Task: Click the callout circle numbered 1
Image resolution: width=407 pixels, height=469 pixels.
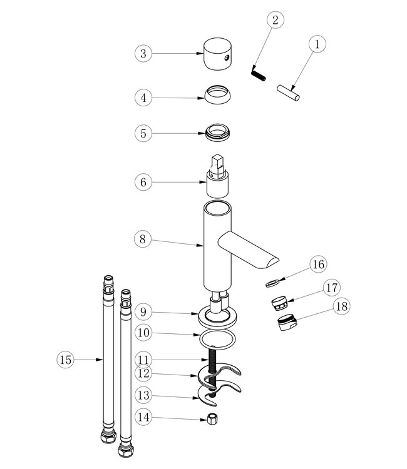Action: point(317,44)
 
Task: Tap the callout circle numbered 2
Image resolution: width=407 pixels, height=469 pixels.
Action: point(274,19)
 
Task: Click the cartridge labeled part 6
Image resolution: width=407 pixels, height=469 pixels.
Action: point(218,178)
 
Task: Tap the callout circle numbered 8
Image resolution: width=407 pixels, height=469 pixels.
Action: point(143,238)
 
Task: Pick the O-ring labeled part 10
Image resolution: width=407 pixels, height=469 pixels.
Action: point(217,340)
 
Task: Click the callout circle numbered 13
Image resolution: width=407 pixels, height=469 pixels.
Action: point(143,395)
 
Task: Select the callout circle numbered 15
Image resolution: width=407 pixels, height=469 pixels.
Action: point(66,360)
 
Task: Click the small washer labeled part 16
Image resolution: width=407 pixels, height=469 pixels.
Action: point(271,282)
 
